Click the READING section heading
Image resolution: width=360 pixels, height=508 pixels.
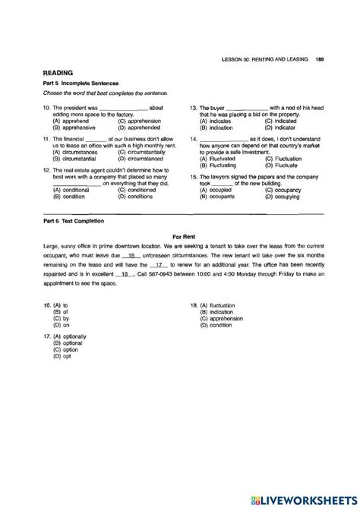58,73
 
